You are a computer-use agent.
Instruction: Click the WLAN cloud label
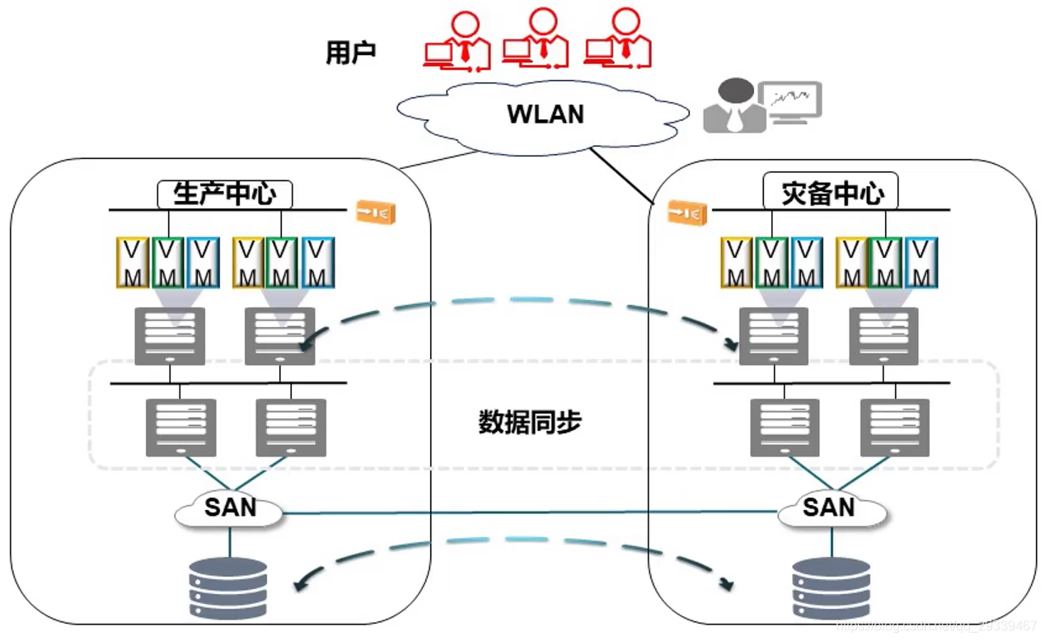545,114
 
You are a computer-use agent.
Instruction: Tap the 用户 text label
351,54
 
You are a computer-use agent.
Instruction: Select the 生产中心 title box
224,194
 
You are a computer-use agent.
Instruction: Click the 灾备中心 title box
831,194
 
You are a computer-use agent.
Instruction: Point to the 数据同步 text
530,422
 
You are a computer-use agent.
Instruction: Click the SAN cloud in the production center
230,508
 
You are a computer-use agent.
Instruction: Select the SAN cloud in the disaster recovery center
830,508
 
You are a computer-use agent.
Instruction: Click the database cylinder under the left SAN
228,588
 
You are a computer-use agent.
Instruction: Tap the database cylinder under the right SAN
831,588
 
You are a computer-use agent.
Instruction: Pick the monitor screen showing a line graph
790,100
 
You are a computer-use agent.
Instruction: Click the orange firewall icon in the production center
376,213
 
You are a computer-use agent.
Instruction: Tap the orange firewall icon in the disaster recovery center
687,213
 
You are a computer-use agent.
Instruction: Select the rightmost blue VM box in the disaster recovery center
921,262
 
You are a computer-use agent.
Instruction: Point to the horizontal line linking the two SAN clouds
527,513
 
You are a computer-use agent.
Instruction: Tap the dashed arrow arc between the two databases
519,540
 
